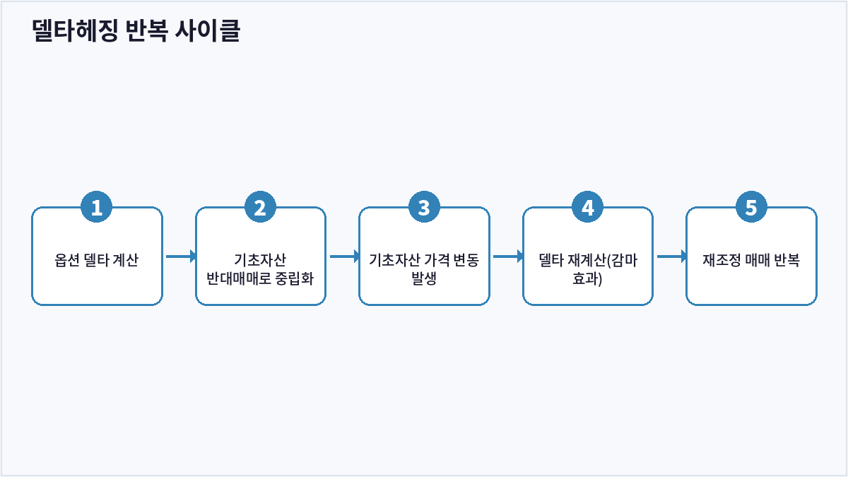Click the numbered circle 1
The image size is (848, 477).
[x=97, y=206]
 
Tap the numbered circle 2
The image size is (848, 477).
[x=260, y=206]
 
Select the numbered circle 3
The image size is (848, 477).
[x=424, y=206]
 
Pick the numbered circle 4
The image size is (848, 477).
[x=587, y=206]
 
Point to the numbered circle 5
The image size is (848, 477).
[x=751, y=206]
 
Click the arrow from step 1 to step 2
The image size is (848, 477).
[x=181, y=257]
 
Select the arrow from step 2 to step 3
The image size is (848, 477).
[x=345, y=257]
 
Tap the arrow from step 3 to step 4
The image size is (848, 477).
[x=508, y=257]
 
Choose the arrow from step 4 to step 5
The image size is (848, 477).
[x=672, y=257]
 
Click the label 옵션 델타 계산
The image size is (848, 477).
[x=97, y=260]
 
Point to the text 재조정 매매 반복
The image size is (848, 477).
[x=751, y=260]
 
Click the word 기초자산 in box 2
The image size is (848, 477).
[x=260, y=260]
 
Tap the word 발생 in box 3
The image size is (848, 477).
[x=424, y=278]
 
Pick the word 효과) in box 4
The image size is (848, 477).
[x=587, y=278]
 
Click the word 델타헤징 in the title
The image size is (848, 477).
[x=76, y=30]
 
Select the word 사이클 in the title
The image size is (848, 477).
[x=208, y=30]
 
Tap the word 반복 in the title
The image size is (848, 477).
[x=146, y=30]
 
